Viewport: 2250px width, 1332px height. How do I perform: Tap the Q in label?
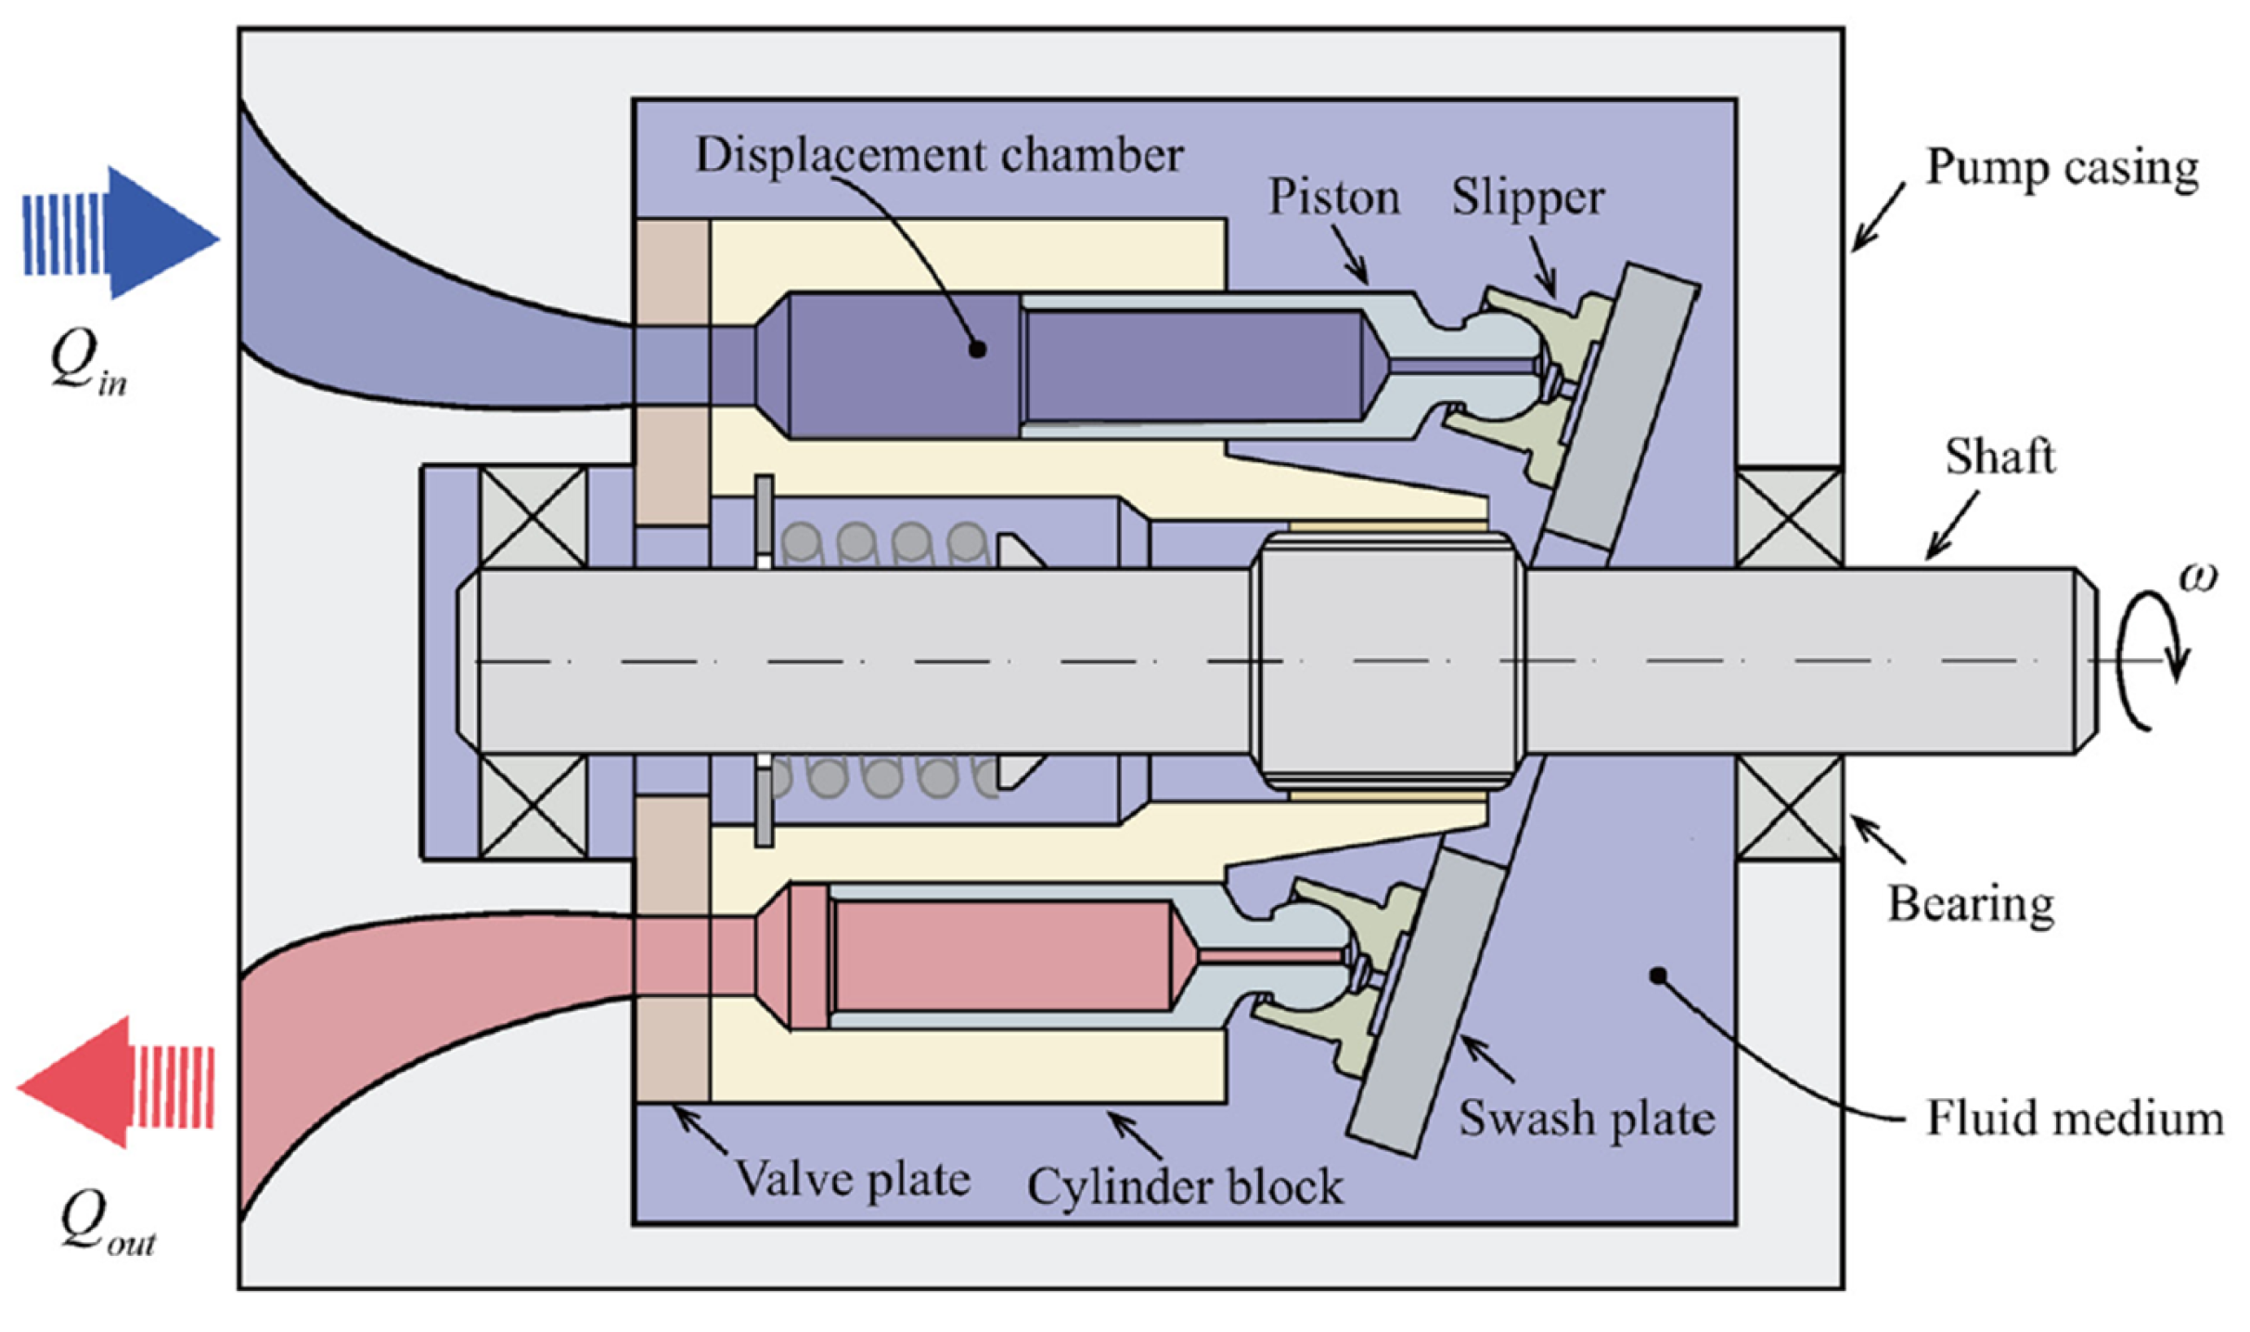coord(86,364)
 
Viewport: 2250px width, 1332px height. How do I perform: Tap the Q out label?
coord(105,1222)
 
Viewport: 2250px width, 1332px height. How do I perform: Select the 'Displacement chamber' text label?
coord(938,155)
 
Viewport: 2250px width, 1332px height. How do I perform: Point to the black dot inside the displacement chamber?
coord(977,349)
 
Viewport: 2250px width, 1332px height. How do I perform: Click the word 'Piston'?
coord(1332,198)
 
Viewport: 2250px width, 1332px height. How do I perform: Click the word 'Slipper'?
coord(1527,198)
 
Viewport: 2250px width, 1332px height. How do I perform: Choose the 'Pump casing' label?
coord(2062,168)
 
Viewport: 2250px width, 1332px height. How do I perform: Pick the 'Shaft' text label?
coord(1999,457)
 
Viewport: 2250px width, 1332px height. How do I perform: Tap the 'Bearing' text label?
coord(1970,904)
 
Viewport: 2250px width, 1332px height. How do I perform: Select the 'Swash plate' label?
coord(1586,1118)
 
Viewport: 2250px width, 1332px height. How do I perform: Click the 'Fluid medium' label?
coord(2074,1118)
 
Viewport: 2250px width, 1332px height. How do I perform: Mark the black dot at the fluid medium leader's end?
coord(1657,976)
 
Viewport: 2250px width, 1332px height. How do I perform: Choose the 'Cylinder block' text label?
coord(1184,1187)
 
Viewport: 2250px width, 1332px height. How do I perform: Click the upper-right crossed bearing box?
coord(1789,517)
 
